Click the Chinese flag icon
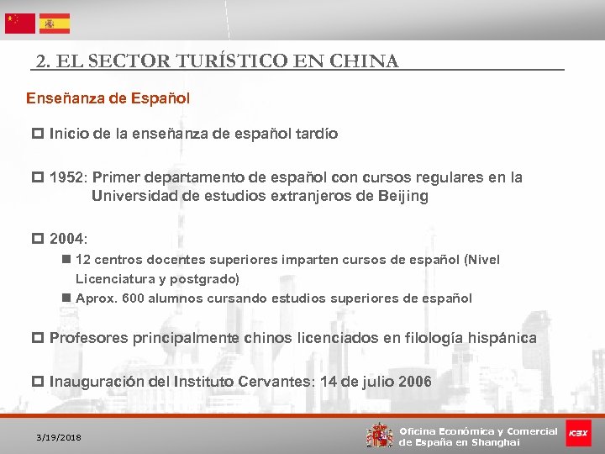coord(20,24)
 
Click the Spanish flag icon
coord(54,24)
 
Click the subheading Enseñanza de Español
coord(108,98)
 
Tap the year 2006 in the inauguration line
coord(415,382)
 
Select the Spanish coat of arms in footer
coord(380,436)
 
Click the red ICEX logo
coord(578,433)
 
